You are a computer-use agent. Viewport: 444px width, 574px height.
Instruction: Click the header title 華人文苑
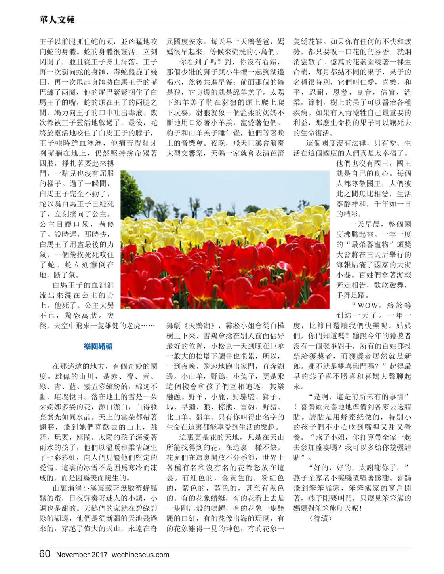point(57,19)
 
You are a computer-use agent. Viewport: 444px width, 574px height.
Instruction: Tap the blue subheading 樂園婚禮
point(98,347)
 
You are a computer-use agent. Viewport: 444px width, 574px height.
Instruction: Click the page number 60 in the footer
point(45,553)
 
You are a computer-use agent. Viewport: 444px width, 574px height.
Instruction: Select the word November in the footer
point(72,555)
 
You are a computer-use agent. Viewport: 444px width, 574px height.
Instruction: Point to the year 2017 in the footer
point(99,555)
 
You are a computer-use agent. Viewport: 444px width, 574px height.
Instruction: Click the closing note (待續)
point(320,519)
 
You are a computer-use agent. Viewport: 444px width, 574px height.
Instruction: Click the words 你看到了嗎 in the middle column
point(198,62)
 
